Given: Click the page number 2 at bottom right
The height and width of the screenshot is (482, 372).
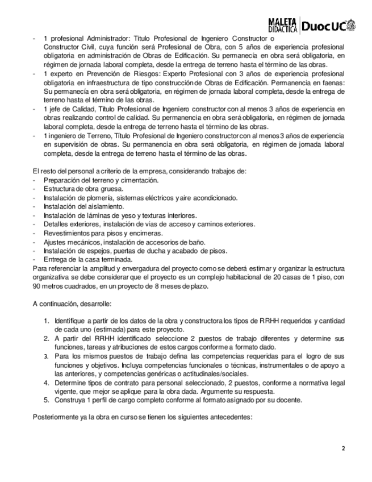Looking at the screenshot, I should [x=343, y=449].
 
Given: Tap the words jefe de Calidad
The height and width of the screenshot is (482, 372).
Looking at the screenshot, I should [x=72, y=109].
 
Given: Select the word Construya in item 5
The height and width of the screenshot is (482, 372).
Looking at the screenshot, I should [x=70, y=400].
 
